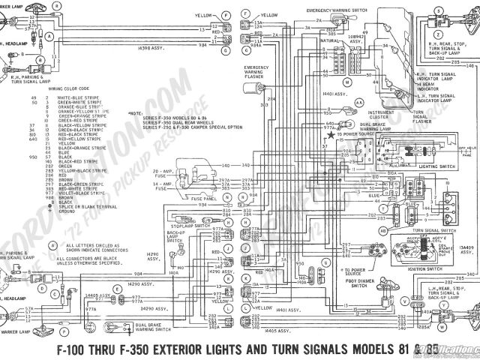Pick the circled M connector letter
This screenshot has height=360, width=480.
346,79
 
